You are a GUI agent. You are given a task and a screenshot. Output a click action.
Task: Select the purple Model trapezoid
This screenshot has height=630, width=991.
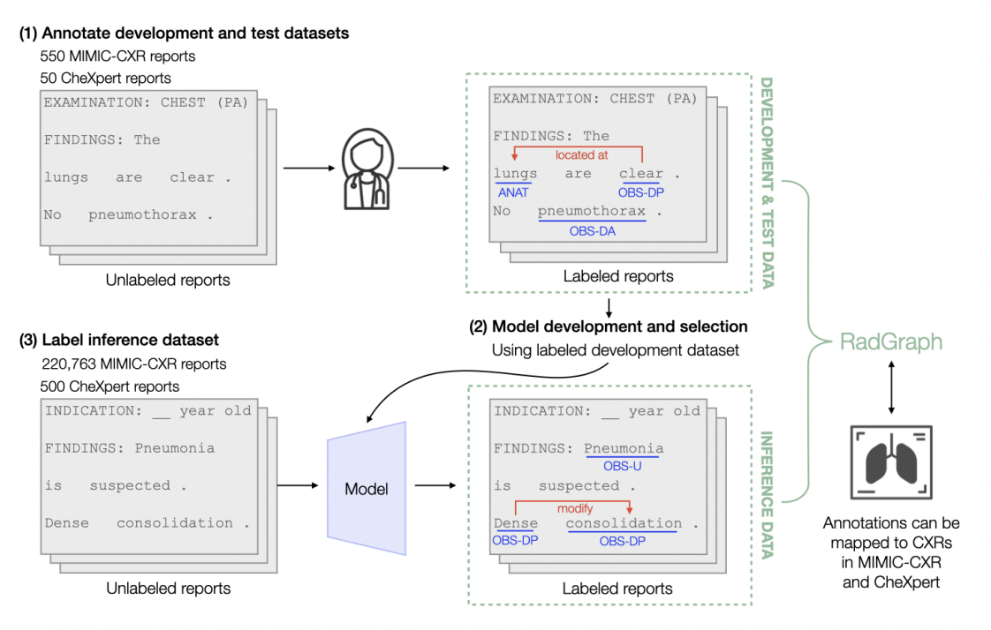point(366,488)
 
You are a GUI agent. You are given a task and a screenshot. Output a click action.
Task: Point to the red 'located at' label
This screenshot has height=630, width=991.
point(581,154)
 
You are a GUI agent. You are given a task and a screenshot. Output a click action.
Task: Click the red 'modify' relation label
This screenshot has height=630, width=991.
point(574,508)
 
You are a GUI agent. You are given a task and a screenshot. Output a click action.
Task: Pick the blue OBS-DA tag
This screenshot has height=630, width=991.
point(592,231)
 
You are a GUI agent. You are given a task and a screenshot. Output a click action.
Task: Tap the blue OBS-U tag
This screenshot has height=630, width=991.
point(623,465)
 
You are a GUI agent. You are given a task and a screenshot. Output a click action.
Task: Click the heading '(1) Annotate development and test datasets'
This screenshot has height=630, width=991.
point(185,34)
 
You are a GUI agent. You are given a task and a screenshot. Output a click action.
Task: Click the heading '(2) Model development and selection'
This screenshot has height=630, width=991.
point(608,326)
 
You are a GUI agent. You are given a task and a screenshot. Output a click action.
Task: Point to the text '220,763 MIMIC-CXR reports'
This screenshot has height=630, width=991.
point(133,364)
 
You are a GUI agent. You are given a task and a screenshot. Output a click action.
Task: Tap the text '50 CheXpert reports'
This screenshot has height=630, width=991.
point(105,79)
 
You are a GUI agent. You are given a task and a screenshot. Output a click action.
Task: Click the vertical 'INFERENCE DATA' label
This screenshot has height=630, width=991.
point(766,494)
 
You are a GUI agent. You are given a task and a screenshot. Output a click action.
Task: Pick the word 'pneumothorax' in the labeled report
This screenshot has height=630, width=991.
point(591,211)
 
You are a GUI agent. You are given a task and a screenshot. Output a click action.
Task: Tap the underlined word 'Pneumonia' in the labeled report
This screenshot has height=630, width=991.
point(624,447)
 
